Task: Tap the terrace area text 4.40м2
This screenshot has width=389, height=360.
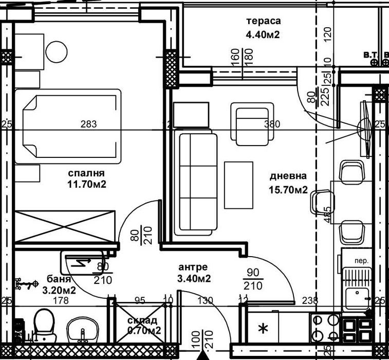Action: pyautogui.click(x=263, y=35)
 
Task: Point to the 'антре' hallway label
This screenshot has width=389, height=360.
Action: pyautogui.click(x=193, y=267)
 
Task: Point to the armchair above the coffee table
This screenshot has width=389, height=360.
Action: pyautogui.click(x=250, y=124)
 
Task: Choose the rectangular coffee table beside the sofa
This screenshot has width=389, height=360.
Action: pyautogui.click(x=238, y=185)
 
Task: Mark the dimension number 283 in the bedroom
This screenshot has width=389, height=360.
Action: pyautogui.click(x=89, y=124)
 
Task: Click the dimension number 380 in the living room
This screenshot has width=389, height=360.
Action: pyautogui.click(x=271, y=124)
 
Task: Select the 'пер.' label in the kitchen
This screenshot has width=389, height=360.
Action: pyautogui.click(x=362, y=261)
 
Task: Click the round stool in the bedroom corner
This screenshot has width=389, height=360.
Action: pyautogui.click(x=57, y=50)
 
